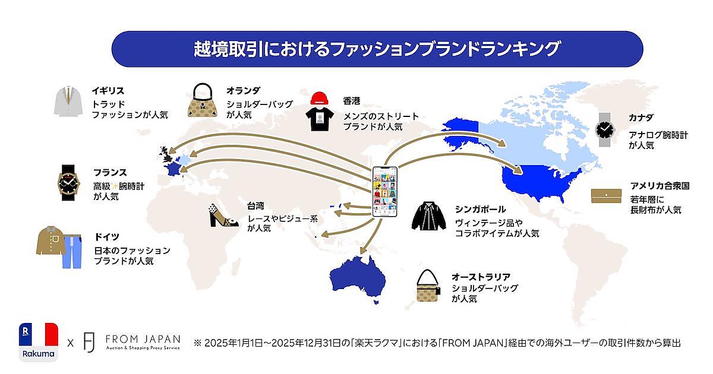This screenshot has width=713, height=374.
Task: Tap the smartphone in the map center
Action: click(385, 192)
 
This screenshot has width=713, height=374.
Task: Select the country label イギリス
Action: click(108, 91)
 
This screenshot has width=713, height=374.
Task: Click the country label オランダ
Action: click(243, 91)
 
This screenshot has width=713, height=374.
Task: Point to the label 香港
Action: click(352, 101)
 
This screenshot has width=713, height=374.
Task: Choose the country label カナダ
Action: click(641, 118)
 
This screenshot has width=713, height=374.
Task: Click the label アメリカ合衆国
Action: click(660, 186)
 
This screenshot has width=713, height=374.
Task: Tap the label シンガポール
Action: click(480, 209)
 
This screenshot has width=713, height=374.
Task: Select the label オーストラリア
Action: click(481, 277)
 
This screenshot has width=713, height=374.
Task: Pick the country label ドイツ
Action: click(106, 237)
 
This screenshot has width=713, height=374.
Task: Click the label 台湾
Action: click(255, 206)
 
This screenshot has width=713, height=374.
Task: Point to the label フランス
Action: click(110, 172)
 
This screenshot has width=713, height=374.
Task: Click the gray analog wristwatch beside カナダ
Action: click(605, 130)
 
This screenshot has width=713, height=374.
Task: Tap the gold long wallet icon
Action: click(606, 195)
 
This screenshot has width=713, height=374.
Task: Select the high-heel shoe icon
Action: click(223, 215)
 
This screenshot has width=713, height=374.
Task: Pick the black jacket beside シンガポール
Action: click(429, 216)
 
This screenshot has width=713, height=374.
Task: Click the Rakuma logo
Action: click(39, 343)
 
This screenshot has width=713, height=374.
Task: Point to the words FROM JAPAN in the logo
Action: click(143, 340)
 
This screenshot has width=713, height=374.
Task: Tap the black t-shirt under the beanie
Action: click(319, 119)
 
